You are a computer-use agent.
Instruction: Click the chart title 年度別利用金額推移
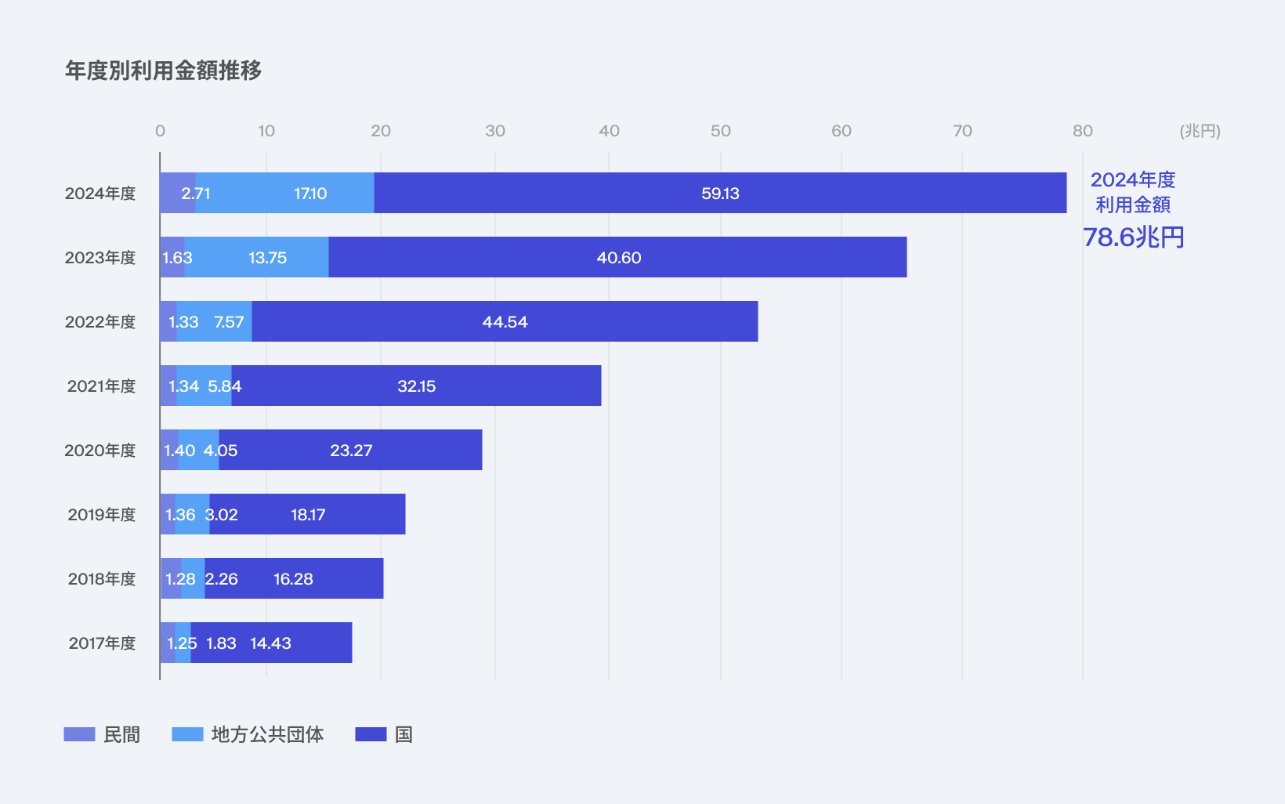(x=163, y=71)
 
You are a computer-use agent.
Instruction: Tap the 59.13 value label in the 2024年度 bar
(x=720, y=194)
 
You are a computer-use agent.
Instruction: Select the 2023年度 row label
(x=100, y=258)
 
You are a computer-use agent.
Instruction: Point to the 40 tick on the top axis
(x=609, y=131)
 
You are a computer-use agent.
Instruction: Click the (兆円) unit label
(x=1200, y=132)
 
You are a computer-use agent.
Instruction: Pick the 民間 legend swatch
(x=79, y=734)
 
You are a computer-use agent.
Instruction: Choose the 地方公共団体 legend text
(x=267, y=734)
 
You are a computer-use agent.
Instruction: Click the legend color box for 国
(x=371, y=734)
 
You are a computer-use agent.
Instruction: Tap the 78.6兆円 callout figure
(x=1133, y=237)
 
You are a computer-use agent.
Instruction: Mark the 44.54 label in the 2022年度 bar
(x=505, y=322)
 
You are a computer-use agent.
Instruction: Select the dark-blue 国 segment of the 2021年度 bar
(x=417, y=386)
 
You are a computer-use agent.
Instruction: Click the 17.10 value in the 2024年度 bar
(x=310, y=194)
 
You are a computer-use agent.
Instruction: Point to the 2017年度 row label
(x=102, y=643)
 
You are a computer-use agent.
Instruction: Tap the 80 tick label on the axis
(x=1083, y=131)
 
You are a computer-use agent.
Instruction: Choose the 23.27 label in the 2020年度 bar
(x=351, y=451)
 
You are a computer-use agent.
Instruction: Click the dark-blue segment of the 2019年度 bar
(x=307, y=514)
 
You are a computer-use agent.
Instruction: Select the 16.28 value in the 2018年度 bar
(x=293, y=579)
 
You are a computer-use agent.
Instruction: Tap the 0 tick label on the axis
(x=160, y=131)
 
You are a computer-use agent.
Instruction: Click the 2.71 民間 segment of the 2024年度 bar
(x=178, y=193)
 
